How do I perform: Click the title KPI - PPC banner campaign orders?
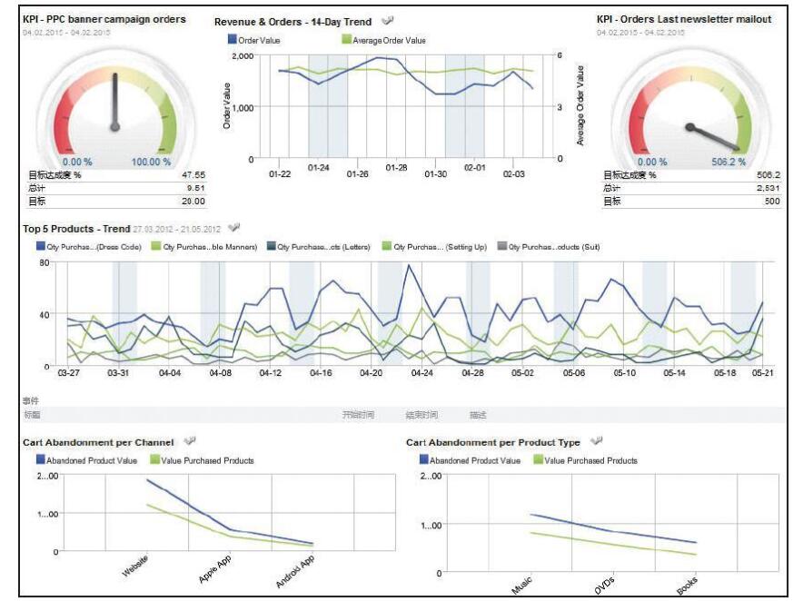point(104,19)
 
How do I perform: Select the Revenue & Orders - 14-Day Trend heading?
point(292,20)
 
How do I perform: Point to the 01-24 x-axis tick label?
point(319,168)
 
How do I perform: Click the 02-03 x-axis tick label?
point(513,173)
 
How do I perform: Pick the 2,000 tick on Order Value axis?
point(242,56)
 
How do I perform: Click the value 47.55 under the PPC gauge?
point(193,174)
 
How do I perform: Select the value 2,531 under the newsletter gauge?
point(766,188)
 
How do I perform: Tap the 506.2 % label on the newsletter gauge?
point(729,162)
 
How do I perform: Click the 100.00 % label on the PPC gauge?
point(151,162)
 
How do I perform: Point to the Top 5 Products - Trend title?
point(76,228)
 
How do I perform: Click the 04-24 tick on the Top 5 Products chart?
point(421,372)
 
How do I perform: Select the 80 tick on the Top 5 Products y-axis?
point(44,263)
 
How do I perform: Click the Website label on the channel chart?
point(134,571)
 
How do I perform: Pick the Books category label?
point(689,586)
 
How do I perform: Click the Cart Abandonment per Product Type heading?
point(492,442)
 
